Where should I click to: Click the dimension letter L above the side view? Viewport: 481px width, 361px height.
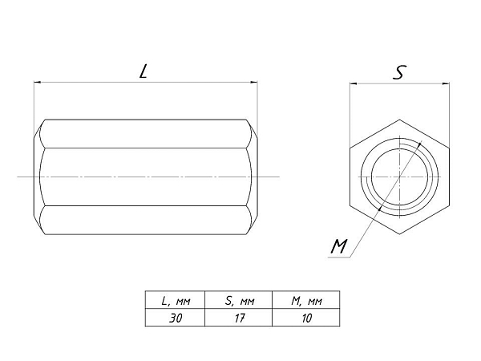[143, 71]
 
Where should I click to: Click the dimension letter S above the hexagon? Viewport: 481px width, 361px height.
[400, 72]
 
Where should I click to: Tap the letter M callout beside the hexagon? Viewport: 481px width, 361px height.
[339, 246]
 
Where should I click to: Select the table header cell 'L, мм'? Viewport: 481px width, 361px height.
[176, 301]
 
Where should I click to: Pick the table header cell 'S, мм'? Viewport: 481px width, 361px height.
[239, 301]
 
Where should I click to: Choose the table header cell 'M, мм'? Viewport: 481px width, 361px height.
[306, 301]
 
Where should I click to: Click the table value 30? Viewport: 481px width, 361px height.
[176, 318]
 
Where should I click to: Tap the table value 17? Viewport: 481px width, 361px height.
[239, 318]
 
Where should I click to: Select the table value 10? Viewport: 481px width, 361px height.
[306, 318]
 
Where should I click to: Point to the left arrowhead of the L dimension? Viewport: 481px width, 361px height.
[37, 83]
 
